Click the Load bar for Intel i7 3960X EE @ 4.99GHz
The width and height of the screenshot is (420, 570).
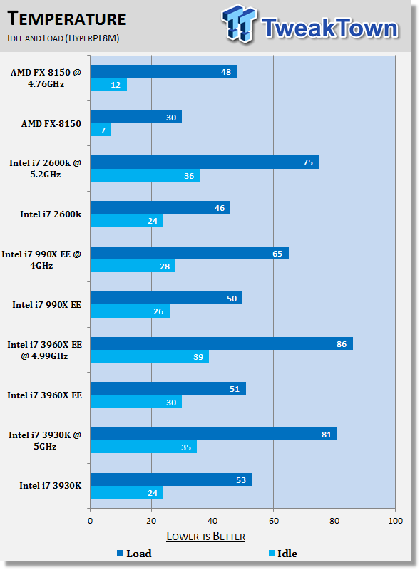pos(222,343)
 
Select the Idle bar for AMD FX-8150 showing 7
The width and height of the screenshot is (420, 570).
pos(101,130)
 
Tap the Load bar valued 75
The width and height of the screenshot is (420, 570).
pos(205,162)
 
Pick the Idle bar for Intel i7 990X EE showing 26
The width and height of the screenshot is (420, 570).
pos(130,311)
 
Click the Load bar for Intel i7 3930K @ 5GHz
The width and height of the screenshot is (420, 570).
pos(214,434)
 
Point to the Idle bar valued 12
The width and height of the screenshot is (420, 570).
pos(108,85)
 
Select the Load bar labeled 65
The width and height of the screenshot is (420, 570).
pos(190,253)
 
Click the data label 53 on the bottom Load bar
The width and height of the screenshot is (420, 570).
pos(241,480)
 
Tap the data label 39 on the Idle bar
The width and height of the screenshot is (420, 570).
pos(198,357)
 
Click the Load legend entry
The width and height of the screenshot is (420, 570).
pos(134,554)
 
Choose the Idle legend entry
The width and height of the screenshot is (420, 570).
pos(283,554)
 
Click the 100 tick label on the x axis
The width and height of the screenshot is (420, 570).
pos(396,521)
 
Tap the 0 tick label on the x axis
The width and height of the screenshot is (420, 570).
pos(91,521)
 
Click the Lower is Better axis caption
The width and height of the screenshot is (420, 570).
pos(205,537)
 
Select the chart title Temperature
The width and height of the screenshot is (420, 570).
pos(66,19)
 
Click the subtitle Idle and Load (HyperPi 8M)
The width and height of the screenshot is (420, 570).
pos(63,38)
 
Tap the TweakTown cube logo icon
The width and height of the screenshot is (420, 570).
pos(239,24)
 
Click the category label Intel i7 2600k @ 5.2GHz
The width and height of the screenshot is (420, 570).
pos(45,169)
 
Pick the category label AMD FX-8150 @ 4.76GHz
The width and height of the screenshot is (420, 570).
pos(46,78)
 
